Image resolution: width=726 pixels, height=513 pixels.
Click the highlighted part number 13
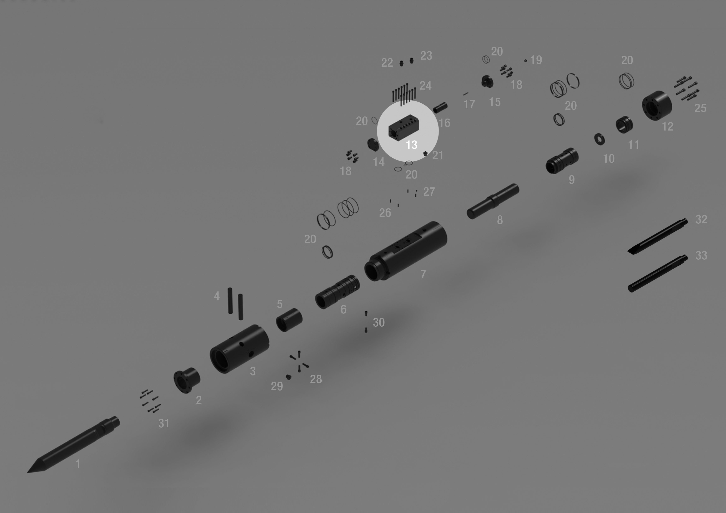411,145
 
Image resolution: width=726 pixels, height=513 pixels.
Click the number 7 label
423,274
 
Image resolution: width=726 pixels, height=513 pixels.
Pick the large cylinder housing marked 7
406,251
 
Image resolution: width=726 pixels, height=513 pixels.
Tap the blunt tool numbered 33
657,274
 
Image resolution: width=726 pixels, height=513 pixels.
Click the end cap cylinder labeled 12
656,105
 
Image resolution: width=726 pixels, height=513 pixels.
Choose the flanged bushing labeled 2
186,380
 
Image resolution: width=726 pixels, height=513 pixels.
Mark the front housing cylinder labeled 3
239,349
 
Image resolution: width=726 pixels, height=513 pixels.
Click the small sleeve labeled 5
289,320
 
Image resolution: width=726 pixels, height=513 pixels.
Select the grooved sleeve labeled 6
337,292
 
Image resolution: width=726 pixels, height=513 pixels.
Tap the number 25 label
700,108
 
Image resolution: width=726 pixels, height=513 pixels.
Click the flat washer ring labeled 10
600,139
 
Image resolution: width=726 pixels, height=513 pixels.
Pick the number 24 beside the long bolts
426,86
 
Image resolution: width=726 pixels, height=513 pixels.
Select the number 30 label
379,323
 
